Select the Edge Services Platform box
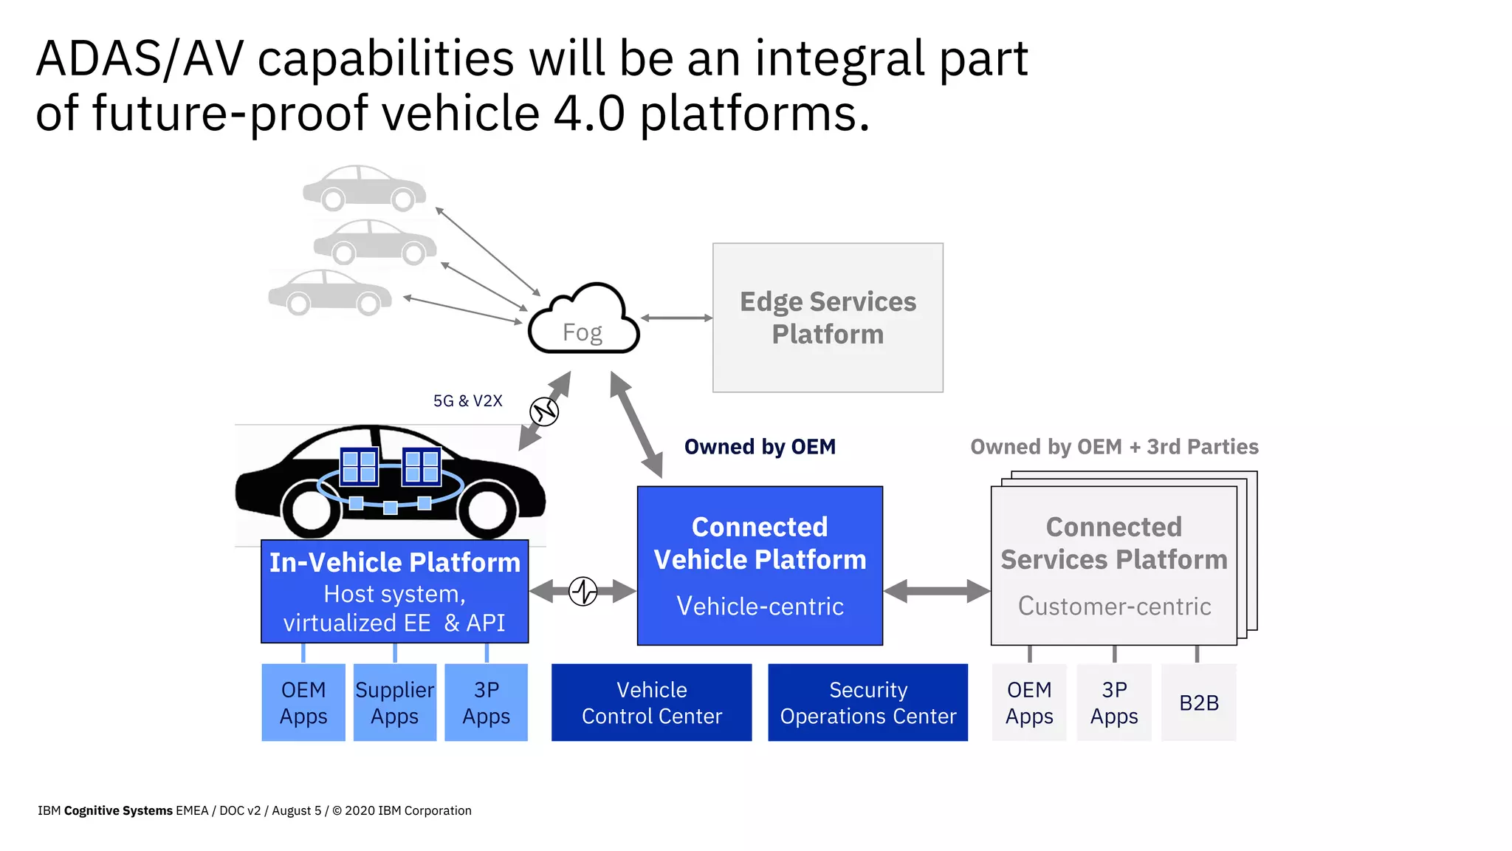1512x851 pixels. tap(827, 318)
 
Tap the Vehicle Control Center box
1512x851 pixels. tap(651, 703)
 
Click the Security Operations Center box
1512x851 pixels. tap(867, 703)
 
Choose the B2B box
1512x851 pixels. tap(1198, 703)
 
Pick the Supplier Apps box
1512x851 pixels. tap(394, 703)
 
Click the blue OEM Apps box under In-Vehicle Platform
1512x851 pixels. tap(303, 703)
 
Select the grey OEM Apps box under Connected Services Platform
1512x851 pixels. tap(1028, 703)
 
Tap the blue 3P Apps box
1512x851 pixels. tap(486, 703)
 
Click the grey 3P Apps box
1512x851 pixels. tap(1113, 703)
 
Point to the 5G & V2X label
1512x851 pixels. tap(467, 400)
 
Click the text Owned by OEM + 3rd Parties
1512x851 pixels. tap(1113, 447)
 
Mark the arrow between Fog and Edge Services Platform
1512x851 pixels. tap(676, 318)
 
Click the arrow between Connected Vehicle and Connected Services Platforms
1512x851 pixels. tap(936, 591)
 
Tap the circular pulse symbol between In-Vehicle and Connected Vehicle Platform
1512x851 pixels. tap(583, 591)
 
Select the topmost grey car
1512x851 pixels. tap(364, 188)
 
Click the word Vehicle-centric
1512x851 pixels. tap(760, 606)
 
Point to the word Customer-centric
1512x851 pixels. tap(1113, 606)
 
